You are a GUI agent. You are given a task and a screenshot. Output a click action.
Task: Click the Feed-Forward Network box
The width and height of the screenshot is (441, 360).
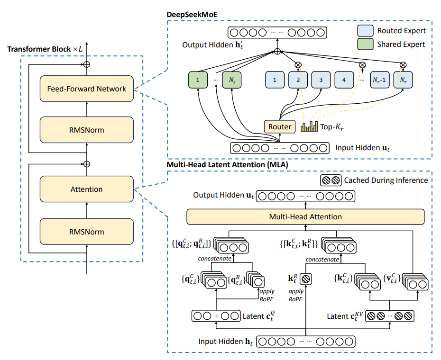86,89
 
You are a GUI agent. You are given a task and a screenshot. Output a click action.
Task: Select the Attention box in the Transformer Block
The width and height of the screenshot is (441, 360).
86,189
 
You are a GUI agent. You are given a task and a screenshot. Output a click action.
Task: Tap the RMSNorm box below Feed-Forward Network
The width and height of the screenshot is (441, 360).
86,130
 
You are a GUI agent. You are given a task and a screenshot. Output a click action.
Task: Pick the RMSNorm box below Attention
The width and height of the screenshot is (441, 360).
86,232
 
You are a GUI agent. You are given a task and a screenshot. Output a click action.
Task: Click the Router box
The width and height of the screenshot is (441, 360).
280,126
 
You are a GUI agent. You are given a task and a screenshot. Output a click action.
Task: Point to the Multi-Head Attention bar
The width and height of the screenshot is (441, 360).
305,217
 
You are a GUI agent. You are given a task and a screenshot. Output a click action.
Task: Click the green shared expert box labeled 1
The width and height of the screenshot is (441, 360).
197,81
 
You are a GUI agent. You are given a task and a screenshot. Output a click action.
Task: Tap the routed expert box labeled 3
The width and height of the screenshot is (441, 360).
321,81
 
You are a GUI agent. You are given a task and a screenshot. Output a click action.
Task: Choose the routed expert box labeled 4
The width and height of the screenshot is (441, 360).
344,81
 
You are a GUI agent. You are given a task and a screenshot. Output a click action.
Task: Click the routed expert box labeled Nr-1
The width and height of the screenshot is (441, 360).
381,81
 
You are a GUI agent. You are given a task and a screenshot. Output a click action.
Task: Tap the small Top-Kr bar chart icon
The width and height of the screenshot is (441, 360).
310,126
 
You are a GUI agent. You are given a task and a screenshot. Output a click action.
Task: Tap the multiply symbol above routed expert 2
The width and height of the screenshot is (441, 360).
298,64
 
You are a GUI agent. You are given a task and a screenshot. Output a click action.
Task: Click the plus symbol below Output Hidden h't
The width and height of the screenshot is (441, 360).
277,51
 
